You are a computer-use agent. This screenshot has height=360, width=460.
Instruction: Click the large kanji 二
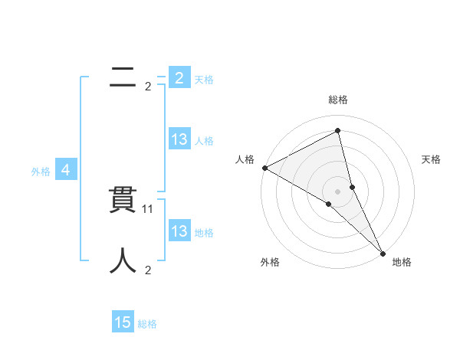click(123, 77)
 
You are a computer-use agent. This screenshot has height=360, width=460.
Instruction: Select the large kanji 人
click(123, 260)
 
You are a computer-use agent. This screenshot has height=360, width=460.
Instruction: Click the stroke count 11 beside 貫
click(149, 208)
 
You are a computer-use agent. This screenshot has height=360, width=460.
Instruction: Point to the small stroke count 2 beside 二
click(148, 87)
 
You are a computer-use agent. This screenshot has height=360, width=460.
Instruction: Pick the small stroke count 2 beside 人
click(148, 270)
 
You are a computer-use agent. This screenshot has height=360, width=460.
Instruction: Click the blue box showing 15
click(123, 322)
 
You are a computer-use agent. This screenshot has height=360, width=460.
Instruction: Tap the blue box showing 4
click(66, 170)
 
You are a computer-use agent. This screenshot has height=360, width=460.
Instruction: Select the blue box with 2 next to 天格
click(179, 78)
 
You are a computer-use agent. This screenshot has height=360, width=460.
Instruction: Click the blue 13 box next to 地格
click(179, 231)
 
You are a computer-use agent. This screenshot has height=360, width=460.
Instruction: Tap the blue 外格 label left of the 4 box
click(41, 172)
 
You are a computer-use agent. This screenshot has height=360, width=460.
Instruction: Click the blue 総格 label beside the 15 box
click(147, 324)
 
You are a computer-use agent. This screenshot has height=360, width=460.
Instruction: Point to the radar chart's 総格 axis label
click(338, 100)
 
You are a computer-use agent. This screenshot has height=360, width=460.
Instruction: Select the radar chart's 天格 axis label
click(431, 159)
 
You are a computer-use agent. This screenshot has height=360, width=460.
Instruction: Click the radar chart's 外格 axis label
click(270, 262)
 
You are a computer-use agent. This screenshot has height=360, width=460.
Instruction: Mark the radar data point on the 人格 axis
click(264, 168)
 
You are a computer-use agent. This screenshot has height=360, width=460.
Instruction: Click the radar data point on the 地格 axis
click(383, 253)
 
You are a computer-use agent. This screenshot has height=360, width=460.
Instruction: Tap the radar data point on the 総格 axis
click(338, 131)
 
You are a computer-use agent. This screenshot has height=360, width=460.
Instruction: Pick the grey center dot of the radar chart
click(338, 191)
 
